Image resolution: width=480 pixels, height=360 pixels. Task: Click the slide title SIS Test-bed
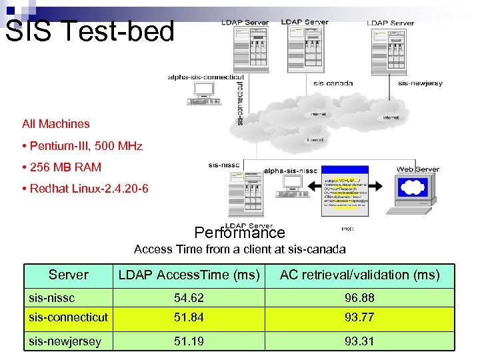pyautogui.click(x=90, y=31)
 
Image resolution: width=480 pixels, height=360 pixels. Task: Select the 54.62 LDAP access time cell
pyautogui.click(x=189, y=296)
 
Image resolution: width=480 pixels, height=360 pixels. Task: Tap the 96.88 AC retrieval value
pyautogui.click(x=359, y=296)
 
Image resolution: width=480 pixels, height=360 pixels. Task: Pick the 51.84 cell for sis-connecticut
pyautogui.click(x=189, y=317)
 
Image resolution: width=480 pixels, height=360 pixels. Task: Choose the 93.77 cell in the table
pyautogui.click(x=359, y=317)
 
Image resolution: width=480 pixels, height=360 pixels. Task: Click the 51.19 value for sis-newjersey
pyautogui.click(x=189, y=341)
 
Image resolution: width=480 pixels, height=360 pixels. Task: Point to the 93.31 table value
pyautogui.click(x=359, y=341)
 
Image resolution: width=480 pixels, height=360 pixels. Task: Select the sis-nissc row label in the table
pyautogui.click(x=51, y=296)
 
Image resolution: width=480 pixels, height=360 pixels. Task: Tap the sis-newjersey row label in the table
pyautogui.click(x=65, y=341)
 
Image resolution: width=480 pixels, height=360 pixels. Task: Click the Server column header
pyautogui.click(x=68, y=275)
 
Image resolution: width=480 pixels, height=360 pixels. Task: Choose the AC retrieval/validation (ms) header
pyautogui.click(x=359, y=275)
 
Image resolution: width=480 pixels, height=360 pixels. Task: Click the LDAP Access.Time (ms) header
pyautogui.click(x=189, y=275)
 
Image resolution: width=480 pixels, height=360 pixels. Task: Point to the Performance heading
pyautogui.click(x=239, y=233)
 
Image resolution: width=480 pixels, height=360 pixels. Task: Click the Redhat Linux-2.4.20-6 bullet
pyautogui.click(x=85, y=189)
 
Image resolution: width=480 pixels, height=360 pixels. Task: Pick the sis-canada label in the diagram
pyautogui.click(x=333, y=83)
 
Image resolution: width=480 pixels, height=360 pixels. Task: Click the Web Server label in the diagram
pyautogui.click(x=418, y=169)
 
